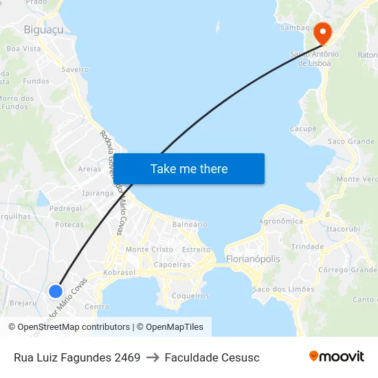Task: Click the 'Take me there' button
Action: (x=189, y=169)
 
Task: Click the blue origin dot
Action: (x=56, y=291)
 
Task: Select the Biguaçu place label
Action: (x=43, y=30)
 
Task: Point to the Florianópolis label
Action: (x=253, y=259)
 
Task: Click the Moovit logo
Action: (x=337, y=357)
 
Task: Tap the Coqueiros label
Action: (x=190, y=296)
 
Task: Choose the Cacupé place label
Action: (x=303, y=129)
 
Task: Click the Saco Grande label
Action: (x=351, y=142)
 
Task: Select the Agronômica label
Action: (x=280, y=221)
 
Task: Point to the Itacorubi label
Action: (x=344, y=228)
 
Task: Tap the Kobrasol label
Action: (x=120, y=273)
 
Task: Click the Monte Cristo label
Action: (x=149, y=249)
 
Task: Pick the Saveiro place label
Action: (x=75, y=69)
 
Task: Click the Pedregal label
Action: (x=65, y=209)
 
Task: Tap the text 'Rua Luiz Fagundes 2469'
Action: (x=77, y=357)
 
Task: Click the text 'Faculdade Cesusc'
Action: (x=212, y=357)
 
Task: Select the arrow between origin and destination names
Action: (x=153, y=357)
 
